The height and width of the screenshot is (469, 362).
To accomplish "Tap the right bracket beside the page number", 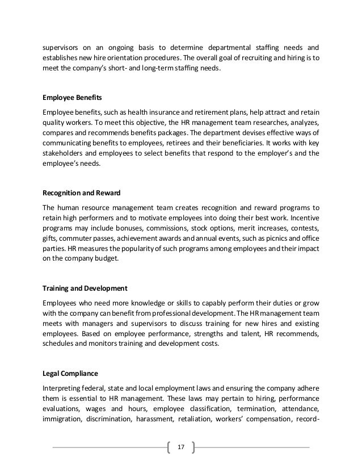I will coord(194,447).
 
